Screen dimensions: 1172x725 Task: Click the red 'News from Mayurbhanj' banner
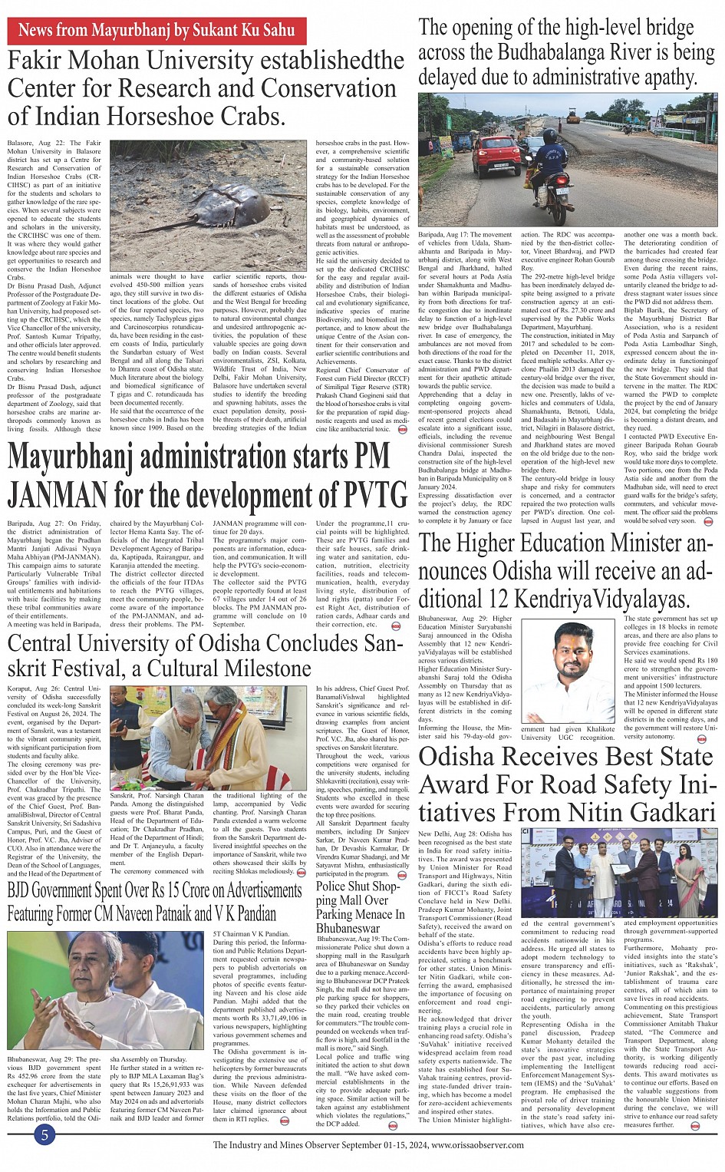(157, 31)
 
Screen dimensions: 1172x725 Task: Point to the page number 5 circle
(45, 1134)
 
